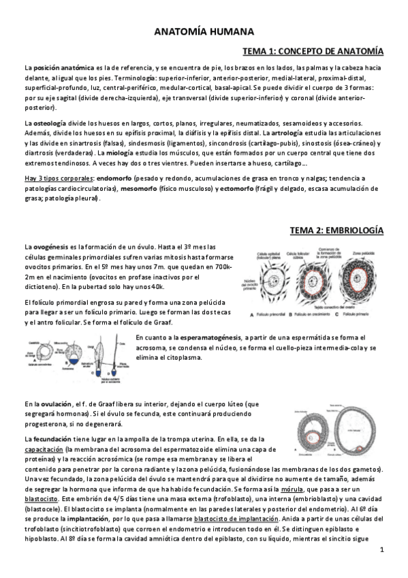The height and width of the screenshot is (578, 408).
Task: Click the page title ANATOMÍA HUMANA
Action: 204,31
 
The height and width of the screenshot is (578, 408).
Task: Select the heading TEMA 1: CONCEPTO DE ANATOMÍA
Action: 313,51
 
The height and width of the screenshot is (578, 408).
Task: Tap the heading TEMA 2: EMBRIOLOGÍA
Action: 336,230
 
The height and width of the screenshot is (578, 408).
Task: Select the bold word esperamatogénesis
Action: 208,337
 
